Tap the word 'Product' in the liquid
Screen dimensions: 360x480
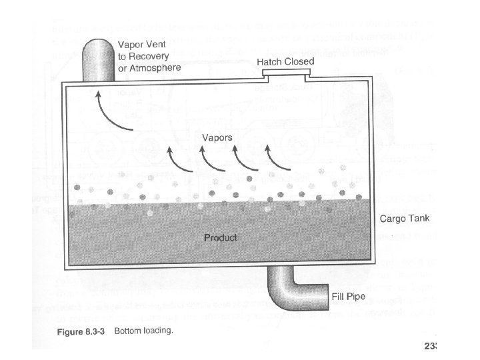point(220,237)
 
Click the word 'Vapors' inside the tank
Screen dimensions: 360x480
point(217,137)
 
